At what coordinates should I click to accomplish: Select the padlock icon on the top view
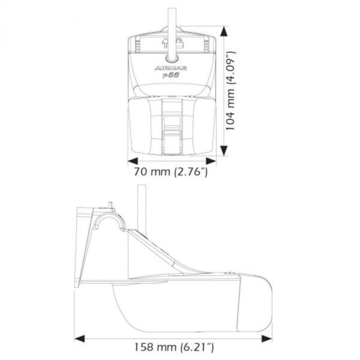tap(178, 42)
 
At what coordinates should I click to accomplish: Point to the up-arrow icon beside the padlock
tap(166, 42)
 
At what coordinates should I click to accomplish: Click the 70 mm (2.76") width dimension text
tap(172, 173)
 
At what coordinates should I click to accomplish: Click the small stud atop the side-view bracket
tap(111, 207)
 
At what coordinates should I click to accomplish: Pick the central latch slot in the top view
tap(172, 123)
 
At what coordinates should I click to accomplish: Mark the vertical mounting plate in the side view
tap(80, 246)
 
